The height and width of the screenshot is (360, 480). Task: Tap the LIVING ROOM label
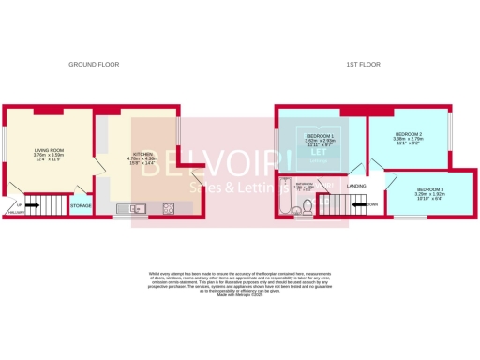point(49,149)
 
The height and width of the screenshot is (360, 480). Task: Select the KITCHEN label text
point(143,153)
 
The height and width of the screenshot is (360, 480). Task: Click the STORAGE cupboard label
point(82,204)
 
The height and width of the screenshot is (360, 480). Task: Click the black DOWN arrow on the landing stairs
point(372,203)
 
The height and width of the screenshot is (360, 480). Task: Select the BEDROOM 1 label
point(321,136)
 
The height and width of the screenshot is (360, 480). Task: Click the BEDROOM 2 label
point(408,135)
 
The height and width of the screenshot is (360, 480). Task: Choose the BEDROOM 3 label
point(431,190)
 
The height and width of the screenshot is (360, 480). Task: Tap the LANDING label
point(356,186)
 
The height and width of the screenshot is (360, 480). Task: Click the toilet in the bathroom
point(305,211)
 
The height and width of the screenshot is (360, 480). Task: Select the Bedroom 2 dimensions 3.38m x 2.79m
point(408,140)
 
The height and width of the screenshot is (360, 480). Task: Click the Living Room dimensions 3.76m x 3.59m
point(49,155)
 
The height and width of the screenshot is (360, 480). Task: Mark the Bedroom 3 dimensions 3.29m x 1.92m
point(431,195)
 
